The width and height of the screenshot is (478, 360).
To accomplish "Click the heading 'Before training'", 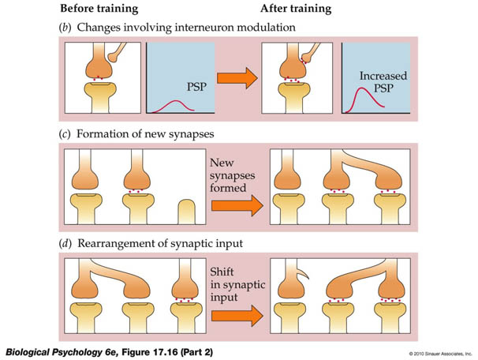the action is [99, 9].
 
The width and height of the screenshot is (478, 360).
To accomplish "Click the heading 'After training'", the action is [296, 9].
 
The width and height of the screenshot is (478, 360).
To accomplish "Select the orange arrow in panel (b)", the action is [237, 78].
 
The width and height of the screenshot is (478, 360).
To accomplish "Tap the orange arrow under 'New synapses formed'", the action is [237, 205].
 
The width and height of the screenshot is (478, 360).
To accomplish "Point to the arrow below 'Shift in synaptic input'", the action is [237, 316].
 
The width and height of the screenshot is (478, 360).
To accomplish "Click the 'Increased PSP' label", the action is [383, 82].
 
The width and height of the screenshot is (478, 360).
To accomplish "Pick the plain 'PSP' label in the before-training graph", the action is [196, 87].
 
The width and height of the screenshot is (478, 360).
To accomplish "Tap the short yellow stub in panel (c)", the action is [187, 212].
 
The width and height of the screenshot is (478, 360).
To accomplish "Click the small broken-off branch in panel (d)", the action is [303, 273].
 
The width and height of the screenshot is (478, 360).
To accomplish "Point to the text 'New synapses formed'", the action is [232, 175].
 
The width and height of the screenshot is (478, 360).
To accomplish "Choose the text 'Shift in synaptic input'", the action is [237, 285].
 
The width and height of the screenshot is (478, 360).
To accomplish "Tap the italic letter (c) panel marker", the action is [65, 134].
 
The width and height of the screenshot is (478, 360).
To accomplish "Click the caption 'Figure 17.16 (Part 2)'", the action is [167, 352].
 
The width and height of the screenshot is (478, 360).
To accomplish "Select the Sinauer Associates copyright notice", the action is [440, 354].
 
